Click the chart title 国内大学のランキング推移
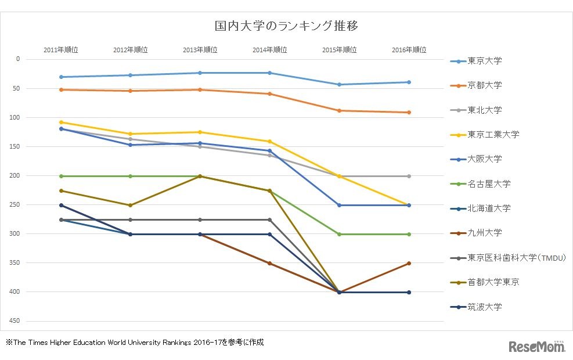[x=286, y=26]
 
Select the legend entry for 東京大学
[x=485, y=61]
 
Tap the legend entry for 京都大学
[x=485, y=85]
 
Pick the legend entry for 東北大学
[x=485, y=110]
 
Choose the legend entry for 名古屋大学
[x=489, y=183]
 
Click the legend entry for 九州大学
[x=485, y=233]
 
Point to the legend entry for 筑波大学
[x=485, y=307]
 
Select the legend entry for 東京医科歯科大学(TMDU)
[x=516, y=258]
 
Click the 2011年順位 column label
[x=60, y=50]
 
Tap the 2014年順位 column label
[x=269, y=50]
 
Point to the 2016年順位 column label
[x=409, y=50]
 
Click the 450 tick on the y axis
[x=15, y=321]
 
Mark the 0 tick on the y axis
[x=18, y=59]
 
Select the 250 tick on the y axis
[x=15, y=205]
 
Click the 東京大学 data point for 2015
[x=339, y=85]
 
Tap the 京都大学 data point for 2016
[x=409, y=113]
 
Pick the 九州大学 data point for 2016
[x=409, y=264]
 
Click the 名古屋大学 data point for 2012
[x=130, y=176]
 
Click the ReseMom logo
[x=537, y=347]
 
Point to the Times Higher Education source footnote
[x=135, y=343]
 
